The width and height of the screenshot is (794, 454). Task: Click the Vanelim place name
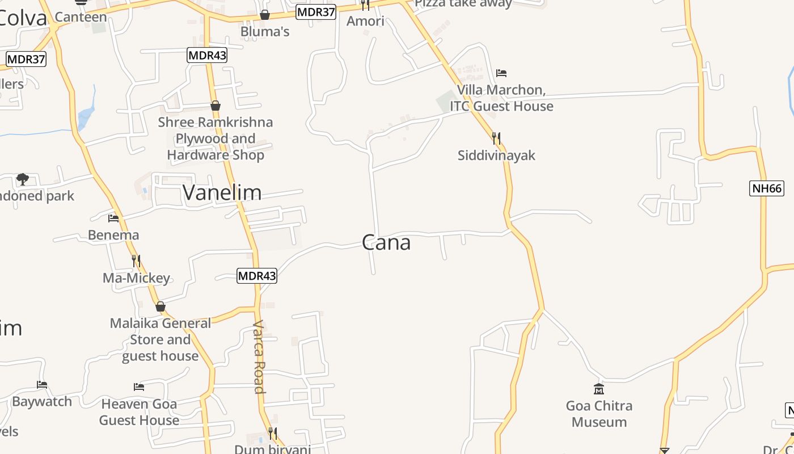click(x=222, y=193)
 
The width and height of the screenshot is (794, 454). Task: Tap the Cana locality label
click(x=386, y=243)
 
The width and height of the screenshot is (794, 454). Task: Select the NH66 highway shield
click(x=767, y=188)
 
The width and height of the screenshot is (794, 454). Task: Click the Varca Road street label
click(x=259, y=356)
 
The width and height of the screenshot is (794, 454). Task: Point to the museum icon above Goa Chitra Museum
click(x=598, y=389)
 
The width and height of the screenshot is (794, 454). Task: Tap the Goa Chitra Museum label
click(x=599, y=414)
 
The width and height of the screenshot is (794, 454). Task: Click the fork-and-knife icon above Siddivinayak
click(x=496, y=138)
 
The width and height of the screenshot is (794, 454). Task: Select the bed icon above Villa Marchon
click(x=501, y=73)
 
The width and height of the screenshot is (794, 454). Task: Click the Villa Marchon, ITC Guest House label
click(x=501, y=98)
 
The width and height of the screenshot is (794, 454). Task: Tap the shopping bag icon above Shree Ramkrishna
click(x=216, y=106)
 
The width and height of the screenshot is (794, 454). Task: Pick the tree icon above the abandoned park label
click(x=23, y=179)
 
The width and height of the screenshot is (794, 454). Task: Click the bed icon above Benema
click(x=113, y=218)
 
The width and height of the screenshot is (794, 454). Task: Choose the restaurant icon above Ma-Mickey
click(x=136, y=260)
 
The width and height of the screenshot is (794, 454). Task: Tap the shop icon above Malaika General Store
click(x=161, y=306)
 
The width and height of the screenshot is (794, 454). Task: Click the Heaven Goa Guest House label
click(x=139, y=412)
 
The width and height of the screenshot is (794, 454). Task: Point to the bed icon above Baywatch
click(x=42, y=385)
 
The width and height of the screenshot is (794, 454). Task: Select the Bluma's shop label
click(x=265, y=31)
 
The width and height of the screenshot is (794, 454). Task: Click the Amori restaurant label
click(x=365, y=21)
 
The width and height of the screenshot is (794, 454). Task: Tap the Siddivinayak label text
click(x=496, y=155)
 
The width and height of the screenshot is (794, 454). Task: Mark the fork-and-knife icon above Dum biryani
click(x=273, y=434)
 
